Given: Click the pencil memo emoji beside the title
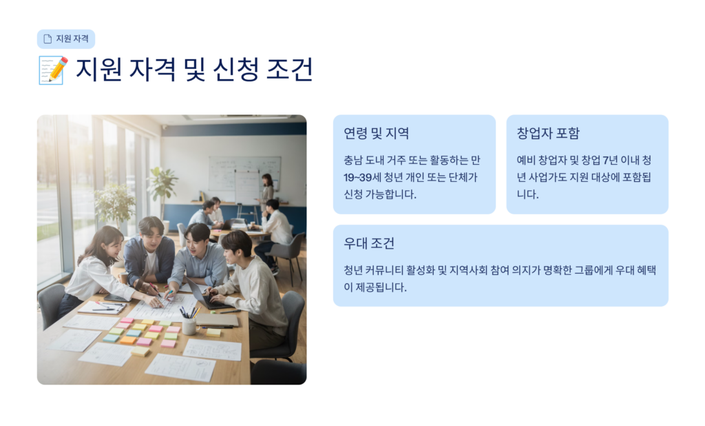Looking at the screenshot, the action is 53,70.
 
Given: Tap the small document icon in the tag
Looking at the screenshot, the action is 48,39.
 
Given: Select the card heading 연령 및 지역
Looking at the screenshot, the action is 377,133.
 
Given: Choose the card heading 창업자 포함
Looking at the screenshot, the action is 548,133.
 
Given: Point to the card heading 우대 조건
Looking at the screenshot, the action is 369,243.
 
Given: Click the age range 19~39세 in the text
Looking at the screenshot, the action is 362,177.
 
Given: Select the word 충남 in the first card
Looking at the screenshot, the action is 352,161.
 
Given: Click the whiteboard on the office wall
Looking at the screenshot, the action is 244,174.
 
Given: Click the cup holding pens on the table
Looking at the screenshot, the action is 189,325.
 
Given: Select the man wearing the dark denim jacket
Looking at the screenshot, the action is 149,255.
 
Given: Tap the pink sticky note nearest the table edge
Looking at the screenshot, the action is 168,344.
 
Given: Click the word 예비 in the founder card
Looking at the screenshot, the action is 525,161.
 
